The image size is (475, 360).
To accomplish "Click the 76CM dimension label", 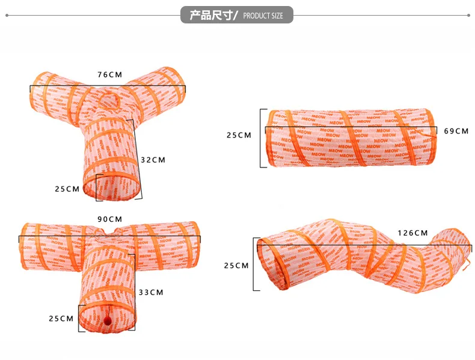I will [109, 75].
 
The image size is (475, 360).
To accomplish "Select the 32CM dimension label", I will [153, 160].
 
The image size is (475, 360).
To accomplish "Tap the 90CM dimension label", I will [109, 219].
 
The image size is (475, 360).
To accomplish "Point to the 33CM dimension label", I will [151, 293].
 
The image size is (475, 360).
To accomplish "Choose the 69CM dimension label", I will [456, 130].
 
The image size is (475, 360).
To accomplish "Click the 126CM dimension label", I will [412, 233].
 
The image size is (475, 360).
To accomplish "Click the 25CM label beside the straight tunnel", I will [239, 135].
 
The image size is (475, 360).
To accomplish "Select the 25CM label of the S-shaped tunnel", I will [236, 265].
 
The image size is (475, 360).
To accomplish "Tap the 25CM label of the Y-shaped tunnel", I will [67, 189].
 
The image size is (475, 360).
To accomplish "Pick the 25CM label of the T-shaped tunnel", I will [61, 319].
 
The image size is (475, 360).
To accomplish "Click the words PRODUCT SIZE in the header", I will [263, 16].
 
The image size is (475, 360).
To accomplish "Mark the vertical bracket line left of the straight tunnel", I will [261, 138].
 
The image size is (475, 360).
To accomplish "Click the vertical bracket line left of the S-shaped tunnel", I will [254, 264].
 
